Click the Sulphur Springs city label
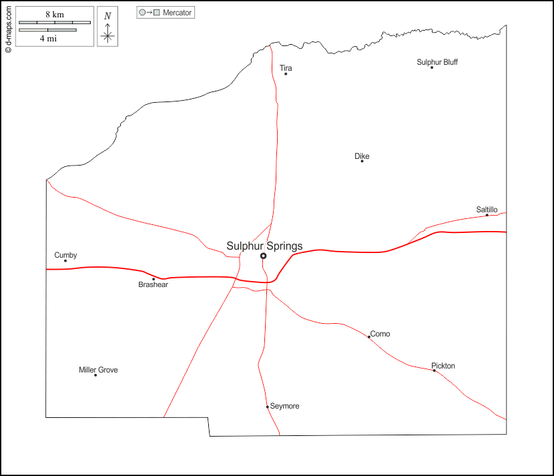tap(264, 246)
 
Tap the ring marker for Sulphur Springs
tap(263, 256)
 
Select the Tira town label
tap(286, 68)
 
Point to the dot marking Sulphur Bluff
tap(432, 67)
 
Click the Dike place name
tap(362, 156)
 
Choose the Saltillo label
tap(487, 210)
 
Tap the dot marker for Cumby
tap(65, 260)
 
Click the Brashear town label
tap(153, 284)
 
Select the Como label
tap(380, 334)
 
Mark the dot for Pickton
tap(434, 371)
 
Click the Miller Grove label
tap(98, 370)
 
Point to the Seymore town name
tap(284, 406)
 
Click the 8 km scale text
tap(55, 15)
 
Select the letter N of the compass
tap(107, 16)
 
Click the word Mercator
tap(177, 13)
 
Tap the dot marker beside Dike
tap(362, 161)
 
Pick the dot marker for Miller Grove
tap(95, 375)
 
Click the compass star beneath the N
tap(107, 35)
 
